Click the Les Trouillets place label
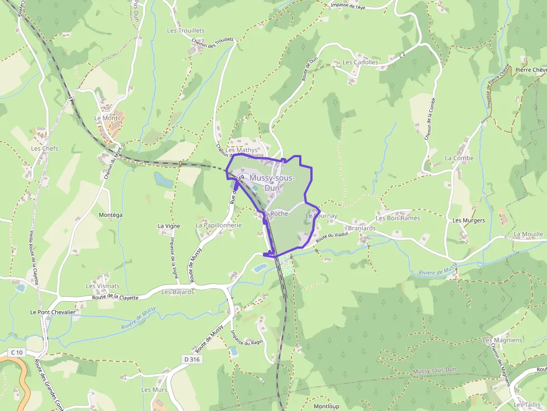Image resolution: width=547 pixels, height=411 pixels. (186, 31)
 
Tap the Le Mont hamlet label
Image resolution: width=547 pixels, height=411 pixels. (106, 118)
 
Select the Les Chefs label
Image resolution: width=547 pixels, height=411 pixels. (45, 148)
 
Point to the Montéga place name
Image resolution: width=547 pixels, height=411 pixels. (110, 215)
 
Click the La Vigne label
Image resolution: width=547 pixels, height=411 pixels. (169, 226)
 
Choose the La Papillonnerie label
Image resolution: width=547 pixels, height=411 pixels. (218, 225)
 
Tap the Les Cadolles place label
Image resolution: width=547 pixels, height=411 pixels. (361, 62)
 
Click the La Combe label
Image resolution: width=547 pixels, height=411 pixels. (459, 158)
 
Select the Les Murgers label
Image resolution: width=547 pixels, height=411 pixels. (468, 220)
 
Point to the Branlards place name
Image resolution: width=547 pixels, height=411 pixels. (362, 229)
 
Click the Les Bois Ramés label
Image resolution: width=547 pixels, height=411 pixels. (397, 218)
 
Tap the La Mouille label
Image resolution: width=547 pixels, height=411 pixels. (528, 234)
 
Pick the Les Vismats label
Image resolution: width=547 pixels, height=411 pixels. (103, 286)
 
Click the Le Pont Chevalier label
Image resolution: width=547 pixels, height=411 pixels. (52, 312)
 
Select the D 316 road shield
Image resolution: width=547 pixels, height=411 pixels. (191, 359)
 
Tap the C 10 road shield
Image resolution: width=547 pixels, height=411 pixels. (17, 352)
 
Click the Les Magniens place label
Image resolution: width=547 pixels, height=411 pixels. (502, 340)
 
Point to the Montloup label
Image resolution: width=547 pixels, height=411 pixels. (327, 406)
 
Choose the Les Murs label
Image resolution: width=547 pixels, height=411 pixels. (154, 389)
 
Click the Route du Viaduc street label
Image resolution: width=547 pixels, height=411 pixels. (332, 237)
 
